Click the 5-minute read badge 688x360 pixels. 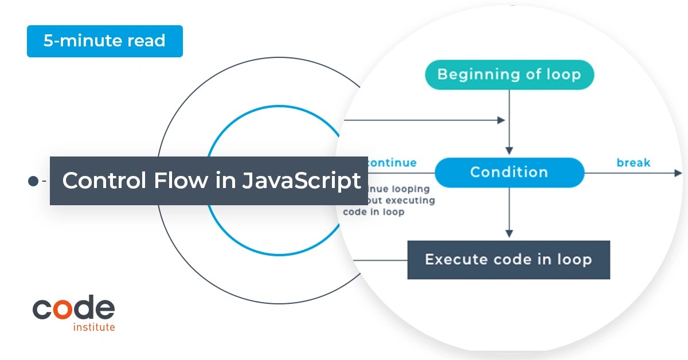pos(104,41)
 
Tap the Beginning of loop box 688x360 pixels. pos(509,75)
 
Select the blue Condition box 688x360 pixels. pos(509,172)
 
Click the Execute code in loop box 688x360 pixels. pos(508,260)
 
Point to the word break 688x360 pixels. pos(634,163)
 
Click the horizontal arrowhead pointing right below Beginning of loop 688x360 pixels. pos(501,120)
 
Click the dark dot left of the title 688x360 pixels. pos(33,181)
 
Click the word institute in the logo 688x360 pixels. pos(94,327)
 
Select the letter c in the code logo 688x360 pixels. pos(42,310)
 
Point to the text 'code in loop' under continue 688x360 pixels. pos(374,212)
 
